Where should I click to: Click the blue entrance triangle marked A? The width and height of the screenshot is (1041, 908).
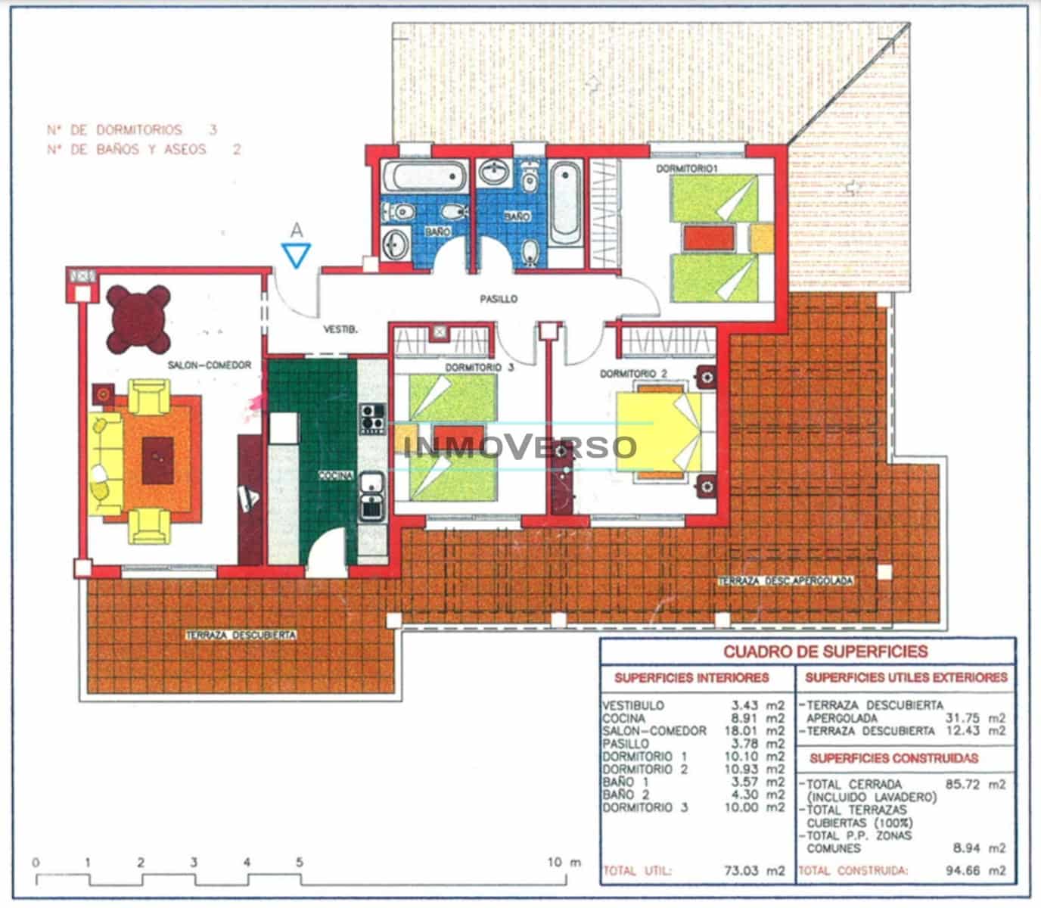pyautogui.click(x=296, y=254)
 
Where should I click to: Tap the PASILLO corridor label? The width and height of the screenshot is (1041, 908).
pyautogui.click(x=499, y=300)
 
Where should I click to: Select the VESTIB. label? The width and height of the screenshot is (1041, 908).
pyautogui.click(x=340, y=330)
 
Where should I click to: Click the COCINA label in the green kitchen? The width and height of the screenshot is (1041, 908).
pyautogui.click(x=336, y=476)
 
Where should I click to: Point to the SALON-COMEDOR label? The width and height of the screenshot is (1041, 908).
pyautogui.click(x=209, y=365)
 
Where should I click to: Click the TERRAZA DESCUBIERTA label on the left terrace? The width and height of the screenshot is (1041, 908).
pyautogui.click(x=241, y=636)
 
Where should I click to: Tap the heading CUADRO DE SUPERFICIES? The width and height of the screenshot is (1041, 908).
pyautogui.click(x=825, y=651)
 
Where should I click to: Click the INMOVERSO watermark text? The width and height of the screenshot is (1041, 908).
pyautogui.click(x=520, y=446)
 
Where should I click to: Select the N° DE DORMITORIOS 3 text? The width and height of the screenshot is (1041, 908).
pyautogui.click(x=132, y=130)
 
